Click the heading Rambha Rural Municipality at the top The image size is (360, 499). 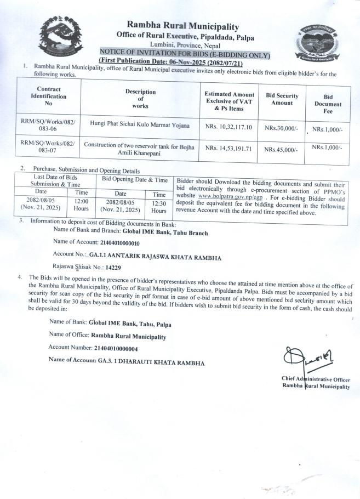(x=182, y=26)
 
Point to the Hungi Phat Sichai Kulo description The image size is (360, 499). (x=139, y=126)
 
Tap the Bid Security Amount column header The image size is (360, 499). (x=282, y=99)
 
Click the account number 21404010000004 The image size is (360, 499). (x=107, y=348)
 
